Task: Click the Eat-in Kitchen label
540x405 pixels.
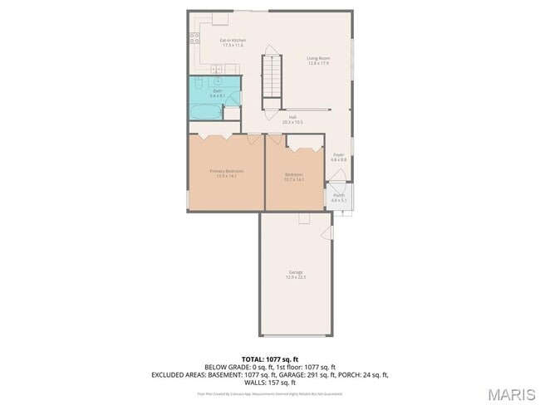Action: click(x=233, y=40)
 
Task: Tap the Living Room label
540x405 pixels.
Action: click(x=318, y=57)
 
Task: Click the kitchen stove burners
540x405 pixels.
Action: click(x=194, y=37)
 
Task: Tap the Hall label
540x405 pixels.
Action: click(x=293, y=117)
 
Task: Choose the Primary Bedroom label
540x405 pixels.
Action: click(x=226, y=170)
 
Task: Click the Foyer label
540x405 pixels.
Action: click(x=339, y=155)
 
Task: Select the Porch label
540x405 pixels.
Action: click(x=339, y=196)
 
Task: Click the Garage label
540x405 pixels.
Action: click(x=296, y=272)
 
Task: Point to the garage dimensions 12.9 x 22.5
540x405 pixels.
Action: click(x=296, y=277)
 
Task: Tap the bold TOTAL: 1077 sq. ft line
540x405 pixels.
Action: click(x=270, y=359)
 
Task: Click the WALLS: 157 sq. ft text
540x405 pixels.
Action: click(x=270, y=383)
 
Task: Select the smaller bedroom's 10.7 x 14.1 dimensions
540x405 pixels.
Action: click(x=294, y=179)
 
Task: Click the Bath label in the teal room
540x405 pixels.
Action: click(x=217, y=90)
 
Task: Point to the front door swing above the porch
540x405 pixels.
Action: click(x=336, y=177)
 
